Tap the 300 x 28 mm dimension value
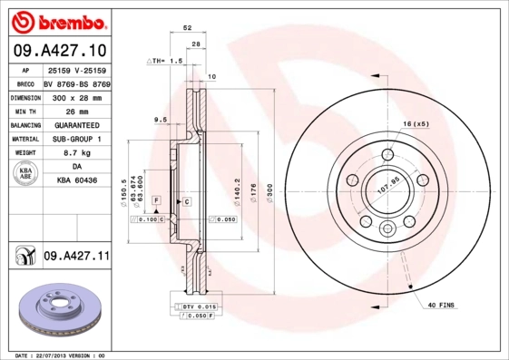tap(76, 96)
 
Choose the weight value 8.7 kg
tap(76, 153)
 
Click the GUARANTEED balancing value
tap(76, 124)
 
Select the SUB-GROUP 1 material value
tap(76, 139)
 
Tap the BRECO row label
tap(25, 82)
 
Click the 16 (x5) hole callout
tap(415, 123)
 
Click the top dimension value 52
tap(187, 28)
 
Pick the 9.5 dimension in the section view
tap(160, 120)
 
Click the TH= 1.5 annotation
tap(165, 61)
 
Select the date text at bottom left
tap(54, 355)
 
